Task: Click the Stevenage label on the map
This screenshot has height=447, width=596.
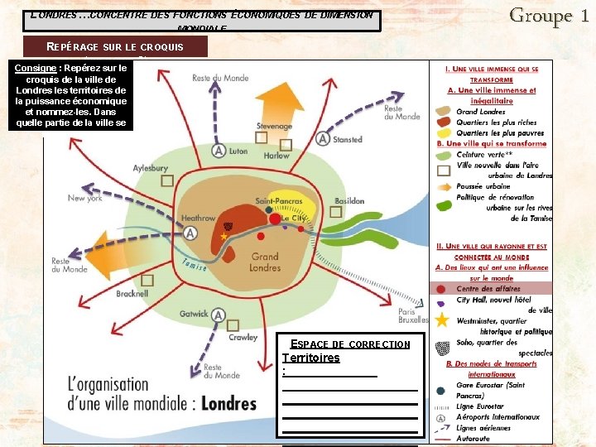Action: pyautogui.click(x=274, y=127)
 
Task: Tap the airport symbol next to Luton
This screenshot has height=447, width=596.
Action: pyautogui.click(x=219, y=151)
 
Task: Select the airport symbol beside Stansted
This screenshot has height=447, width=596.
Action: pyautogui.click(x=323, y=139)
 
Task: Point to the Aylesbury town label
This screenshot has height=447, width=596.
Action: pyautogui.click(x=151, y=168)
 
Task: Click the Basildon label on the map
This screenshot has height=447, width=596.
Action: pyautogui.click(x=349, y=201)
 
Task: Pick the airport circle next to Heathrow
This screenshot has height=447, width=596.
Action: pyautogui.click(x=191, y=234)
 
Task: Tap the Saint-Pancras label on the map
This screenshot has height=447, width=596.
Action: pyautogui.click(x=277, y=202)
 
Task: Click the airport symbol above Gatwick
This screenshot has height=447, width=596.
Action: pyautogui.click(x=219, y=315)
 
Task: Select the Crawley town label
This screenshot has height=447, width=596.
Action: pyautogui.click(x=243, y=338)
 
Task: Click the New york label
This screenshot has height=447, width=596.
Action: pyautogui.click(x=85, y=199)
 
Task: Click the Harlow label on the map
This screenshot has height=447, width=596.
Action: pyautogui.click(x=276, y=156)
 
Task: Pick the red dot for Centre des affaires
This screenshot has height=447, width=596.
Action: pyautogui.click(x=441, y=288)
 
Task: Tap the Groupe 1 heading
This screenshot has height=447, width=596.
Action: pyautogui.click(x=550, y=15)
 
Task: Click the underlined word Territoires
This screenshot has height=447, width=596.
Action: pyautogui.click(x=311, y=358)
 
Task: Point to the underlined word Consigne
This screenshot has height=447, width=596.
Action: pyautogui.click(x=33, y=68)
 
